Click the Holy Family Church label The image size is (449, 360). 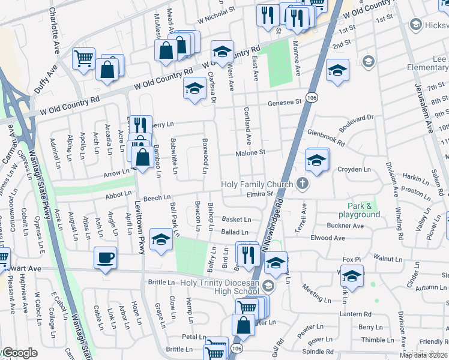coord(257,184)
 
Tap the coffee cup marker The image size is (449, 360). coord(105,259)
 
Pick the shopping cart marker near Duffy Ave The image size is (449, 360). coord(83,59)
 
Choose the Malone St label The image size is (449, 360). coord(250,153)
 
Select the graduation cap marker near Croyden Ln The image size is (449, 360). coord(316,160)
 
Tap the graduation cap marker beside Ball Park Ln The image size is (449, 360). coord(160,240)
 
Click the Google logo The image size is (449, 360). coord(20,353)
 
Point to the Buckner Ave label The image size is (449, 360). coord(345,226)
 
